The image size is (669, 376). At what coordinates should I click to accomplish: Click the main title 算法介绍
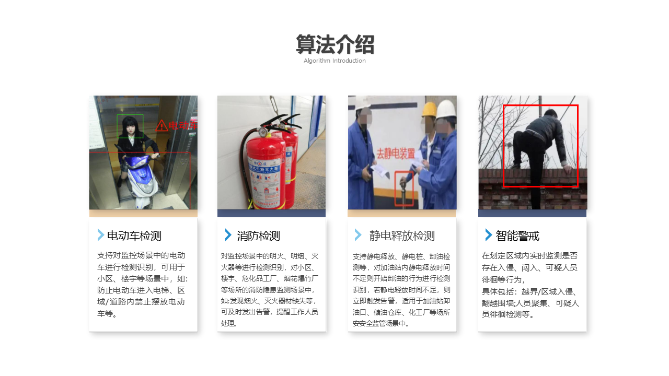tap(335, 44)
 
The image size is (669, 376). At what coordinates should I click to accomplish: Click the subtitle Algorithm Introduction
tap(334, 61)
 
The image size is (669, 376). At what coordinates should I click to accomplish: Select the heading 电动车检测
tap(134, 236)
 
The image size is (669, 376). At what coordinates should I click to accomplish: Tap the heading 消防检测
tap(258, 236)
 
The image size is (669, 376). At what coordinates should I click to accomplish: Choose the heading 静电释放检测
tap(402, 236)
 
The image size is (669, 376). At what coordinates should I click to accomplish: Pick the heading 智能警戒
tap(517, 236)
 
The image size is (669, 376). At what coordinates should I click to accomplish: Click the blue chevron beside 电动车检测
tap(101, 235)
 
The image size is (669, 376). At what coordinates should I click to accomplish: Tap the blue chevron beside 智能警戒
tap(488, 235)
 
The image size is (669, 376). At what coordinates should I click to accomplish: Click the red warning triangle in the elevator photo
tap(162, 126)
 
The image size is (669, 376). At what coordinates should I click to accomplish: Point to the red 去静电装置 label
tap(396, 154)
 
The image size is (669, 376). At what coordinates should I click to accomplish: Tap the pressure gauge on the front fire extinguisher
tap(263, 131)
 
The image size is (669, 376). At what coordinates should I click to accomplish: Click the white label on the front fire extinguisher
tap(265, 182)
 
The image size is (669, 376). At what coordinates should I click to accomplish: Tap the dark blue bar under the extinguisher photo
tap(271, 213)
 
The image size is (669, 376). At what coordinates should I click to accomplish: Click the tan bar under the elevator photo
tap(143, 213)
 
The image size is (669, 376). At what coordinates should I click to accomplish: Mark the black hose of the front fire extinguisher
tap(243, 161)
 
